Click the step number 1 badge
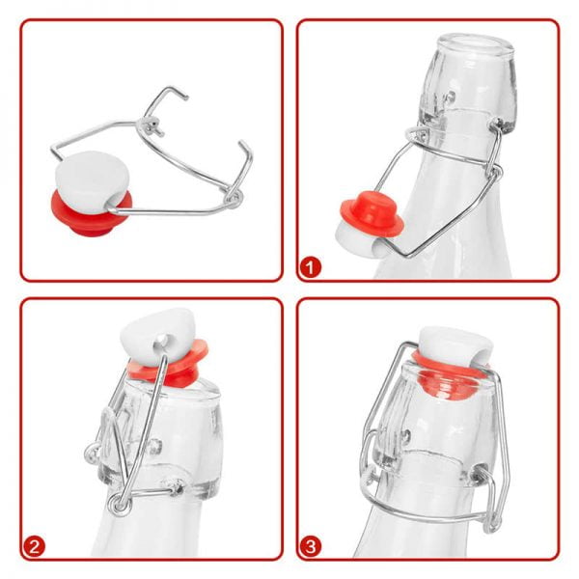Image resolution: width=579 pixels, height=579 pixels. pos(310,266)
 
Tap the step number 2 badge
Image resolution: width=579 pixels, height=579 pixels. pos(34,546)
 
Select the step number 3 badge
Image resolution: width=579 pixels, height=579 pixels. pos(310,546)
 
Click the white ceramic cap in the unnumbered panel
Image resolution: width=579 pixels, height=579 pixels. pos(91,181)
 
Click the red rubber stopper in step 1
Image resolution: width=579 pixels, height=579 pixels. pos(372,217)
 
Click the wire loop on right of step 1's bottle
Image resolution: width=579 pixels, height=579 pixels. pos(496,172)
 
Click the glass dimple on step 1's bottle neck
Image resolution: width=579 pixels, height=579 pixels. pos(450,97)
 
